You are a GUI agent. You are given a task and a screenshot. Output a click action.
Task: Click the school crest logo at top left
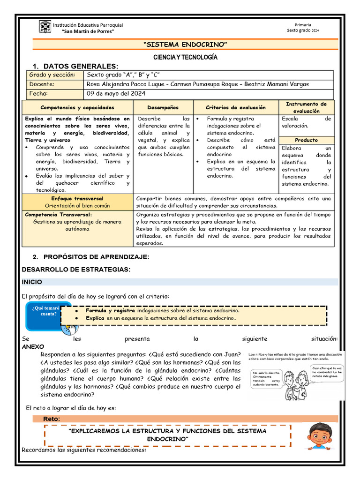pyautogui.click(x=45, y=27)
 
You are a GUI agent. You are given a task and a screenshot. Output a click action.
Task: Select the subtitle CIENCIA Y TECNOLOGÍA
pyautogui.click(x=186, y=57)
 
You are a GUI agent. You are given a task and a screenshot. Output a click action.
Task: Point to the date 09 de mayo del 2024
pyautogui.click(x=116, y=94)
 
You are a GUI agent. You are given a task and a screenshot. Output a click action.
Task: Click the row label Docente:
pyautogui.click(x=42, y=84)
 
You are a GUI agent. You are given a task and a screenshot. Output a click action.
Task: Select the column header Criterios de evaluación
pyautogui.click(x=235, y=108)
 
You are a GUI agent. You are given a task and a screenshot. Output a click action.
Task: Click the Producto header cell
pyautogui.click(x=306, y=140)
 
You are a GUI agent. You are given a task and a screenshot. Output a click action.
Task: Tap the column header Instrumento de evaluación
pyautogui.click(x=306, y=107)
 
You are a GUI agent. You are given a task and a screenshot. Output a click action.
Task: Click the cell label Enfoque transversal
pyautogui.click(x=78, y=199)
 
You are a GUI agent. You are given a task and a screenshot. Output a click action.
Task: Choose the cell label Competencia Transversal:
pyautogui.click(x=59, y=214)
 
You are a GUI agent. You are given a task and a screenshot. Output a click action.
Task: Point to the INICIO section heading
pyautogui.click(x=32, y=282)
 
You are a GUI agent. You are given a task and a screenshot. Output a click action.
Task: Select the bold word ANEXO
pyautogui.click(x=33, y=346)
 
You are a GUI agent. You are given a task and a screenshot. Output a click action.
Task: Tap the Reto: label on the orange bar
pyautogui.click(x=51, y=419)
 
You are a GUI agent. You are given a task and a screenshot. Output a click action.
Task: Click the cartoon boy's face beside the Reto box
pyautogui.click(x=321, y=436)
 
